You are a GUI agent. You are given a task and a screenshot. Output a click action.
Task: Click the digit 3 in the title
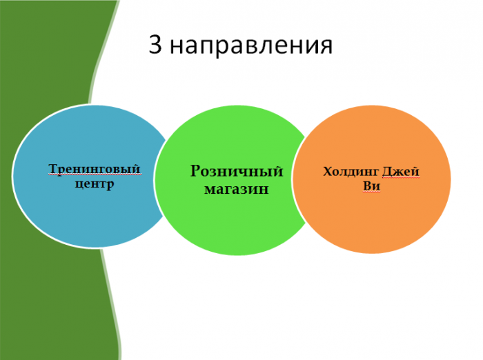click(x=155, y=44)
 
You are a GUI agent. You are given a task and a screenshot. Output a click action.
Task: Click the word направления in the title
click(x=251, y=46)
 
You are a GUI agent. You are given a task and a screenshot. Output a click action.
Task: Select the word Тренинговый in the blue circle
click(x=95, y=169)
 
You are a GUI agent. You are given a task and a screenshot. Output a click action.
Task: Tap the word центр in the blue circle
click(x=95, y=184)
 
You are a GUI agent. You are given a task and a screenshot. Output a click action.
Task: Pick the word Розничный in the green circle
click(x=237, y=171)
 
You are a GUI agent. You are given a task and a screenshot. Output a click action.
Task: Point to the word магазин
click(x=237, y=189)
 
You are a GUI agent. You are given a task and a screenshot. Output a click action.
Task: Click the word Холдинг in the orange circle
click(x=351, y=172)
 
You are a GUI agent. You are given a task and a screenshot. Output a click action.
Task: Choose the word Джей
click(x=401, y=171)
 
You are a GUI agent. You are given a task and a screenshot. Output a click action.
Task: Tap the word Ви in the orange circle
click(x=371, y=186)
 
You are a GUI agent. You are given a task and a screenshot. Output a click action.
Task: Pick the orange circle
click(x=371, y=179)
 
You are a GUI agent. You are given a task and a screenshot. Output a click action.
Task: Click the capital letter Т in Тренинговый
click(x=53, y=168)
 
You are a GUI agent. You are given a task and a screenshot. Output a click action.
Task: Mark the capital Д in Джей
click(x=387, y=172)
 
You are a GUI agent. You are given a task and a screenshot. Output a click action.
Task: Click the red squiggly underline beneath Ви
click(x=371, y=192)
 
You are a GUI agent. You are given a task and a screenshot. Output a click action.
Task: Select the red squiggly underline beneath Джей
click(x=401, y=177)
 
